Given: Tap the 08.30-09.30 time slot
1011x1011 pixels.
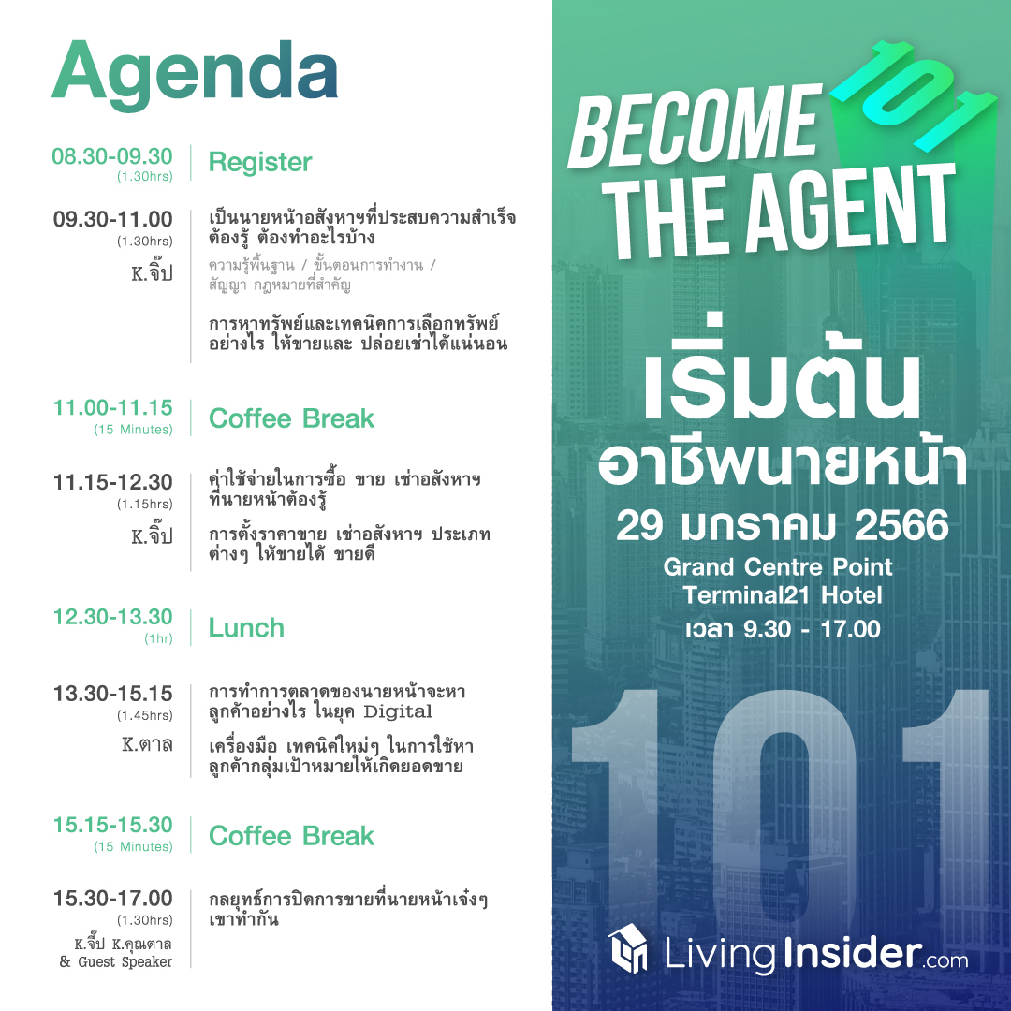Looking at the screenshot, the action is point(112,156).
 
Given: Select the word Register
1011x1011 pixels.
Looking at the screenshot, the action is point(260,163).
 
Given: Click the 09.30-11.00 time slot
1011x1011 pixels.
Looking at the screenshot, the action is point(113,219).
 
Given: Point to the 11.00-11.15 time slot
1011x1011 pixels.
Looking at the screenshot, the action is point(113,407).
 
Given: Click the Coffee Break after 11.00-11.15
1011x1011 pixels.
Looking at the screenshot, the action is point(291,418).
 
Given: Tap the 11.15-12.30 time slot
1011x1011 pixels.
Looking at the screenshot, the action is point(113,482).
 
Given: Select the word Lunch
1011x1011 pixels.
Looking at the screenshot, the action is point(246,627).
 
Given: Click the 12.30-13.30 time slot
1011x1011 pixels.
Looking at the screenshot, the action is point(113,616).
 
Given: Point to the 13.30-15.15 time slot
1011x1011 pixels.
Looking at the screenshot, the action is point(113,693).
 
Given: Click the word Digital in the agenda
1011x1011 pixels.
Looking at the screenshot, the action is point(398,711).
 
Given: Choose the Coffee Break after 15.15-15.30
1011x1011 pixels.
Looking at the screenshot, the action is point(291,836).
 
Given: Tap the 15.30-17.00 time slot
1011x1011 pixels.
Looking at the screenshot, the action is point(113,898).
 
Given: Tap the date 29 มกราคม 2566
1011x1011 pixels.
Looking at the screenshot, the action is point(782,525).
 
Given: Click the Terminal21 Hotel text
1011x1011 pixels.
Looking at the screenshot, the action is point(782,594).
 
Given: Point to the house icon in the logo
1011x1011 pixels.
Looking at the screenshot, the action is point(628,947).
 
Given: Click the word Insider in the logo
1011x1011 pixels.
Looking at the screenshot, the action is point(853,952).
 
